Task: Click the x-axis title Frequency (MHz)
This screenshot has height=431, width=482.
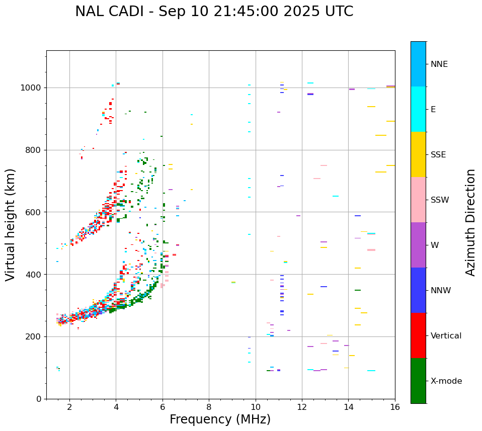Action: click(220, 419)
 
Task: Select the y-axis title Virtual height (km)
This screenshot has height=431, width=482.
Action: click(11, 225)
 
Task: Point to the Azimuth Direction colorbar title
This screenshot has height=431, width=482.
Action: click(470, 222)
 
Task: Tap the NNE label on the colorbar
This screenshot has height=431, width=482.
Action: click(439, 64)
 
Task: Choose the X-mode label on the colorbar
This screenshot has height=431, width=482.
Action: click(446, 381)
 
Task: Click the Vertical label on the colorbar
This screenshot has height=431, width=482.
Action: click(446, 336)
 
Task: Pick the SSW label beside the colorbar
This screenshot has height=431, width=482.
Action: click(439, 200)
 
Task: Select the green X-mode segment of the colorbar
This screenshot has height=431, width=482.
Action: click(418, 381)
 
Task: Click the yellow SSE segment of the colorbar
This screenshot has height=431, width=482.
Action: click(418, 154)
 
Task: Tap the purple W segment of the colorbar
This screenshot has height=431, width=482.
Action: click(418, 245)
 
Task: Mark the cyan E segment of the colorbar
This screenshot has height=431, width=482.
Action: click(418, 109)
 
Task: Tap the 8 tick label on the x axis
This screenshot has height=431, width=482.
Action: click(209, 407)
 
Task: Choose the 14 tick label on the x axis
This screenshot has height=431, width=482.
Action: click(349, 407)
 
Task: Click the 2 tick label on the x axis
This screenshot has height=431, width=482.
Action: click(69, 407)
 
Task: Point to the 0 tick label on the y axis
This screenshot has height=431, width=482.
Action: click(39, 399)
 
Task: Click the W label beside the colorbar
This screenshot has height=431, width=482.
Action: click(435, 245)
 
